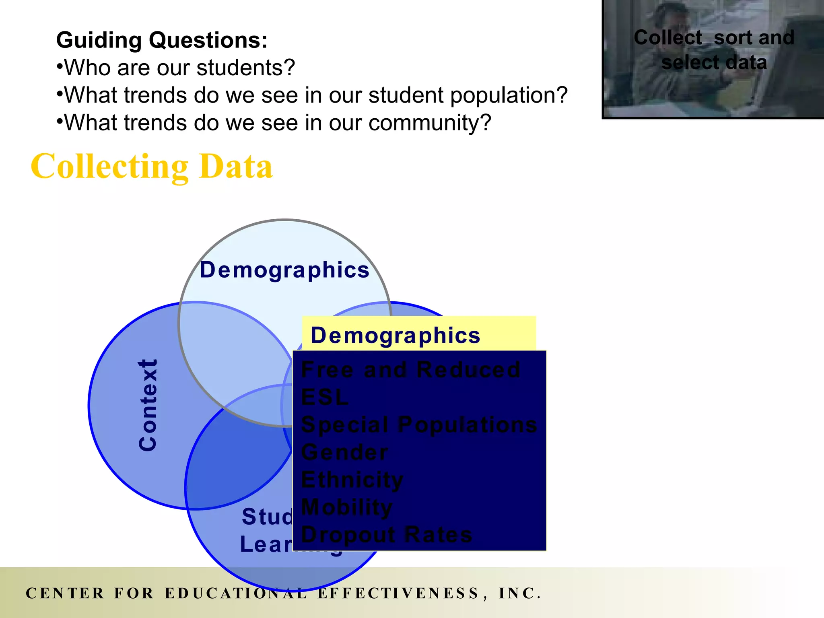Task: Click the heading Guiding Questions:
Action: [162, 40]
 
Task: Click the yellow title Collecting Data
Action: [152, 166]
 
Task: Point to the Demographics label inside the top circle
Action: [284, 270]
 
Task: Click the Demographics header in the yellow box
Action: [396, 335]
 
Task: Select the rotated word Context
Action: [148, 405]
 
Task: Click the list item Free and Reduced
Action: [410, 369]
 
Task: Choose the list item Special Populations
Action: [418, 425]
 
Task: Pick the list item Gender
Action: [344, 452]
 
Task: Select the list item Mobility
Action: [346, 507]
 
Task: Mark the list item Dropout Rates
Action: [386, 535]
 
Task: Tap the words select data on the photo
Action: [714, 63]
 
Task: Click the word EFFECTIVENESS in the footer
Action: [398, 593]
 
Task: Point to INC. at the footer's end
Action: [519, 593]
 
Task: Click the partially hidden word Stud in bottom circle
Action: [267, 517]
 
